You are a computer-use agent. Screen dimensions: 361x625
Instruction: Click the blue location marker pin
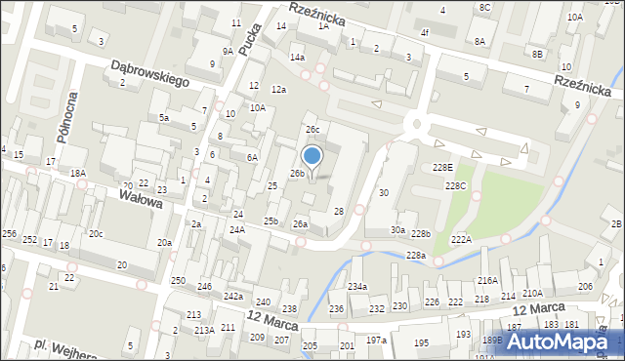coord(312,156)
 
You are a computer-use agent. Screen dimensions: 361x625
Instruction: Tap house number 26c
coord(312,129)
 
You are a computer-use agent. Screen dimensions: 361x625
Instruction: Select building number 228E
coord(443,168)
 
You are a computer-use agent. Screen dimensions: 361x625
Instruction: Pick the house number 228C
coord(456,185)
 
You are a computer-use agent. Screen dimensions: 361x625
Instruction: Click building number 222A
coord(461,239)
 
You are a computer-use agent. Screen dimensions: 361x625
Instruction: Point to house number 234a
coord(357,286)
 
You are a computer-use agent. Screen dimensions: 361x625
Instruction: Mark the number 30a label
coord(398,230)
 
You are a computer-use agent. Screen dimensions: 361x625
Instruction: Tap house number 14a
coord(297,58)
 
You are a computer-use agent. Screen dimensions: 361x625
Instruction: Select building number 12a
coord(279,90)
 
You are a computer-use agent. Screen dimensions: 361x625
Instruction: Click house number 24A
coord(236,229)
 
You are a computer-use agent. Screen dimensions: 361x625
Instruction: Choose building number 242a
coord(232,296)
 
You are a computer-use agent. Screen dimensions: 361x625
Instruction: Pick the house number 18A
coord(78,173)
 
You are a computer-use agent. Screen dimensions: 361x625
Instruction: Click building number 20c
coord(96,233)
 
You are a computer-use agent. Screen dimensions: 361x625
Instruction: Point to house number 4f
coord(425,32)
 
